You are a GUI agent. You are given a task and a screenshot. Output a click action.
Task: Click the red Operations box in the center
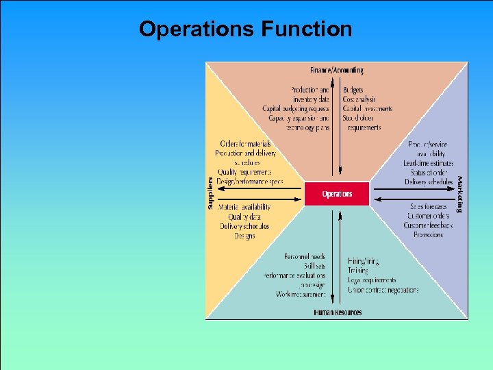pyautogui.click(x=337, y=194)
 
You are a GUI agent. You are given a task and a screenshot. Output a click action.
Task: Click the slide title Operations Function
pyautogui.click(x=245, y=29)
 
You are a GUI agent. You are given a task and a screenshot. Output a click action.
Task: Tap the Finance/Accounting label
pyautogui.click(x=337, y=70)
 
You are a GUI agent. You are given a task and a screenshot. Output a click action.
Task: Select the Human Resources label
pyautogui.click(x=338, y=312)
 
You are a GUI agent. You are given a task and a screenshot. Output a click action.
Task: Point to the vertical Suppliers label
pyautogui.click(x=210, y=194)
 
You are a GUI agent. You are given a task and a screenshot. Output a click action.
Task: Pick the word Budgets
pyautogui.click(x=353, y=90)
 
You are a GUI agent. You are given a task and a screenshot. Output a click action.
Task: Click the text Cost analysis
pyautogui.click(x=359, y=99)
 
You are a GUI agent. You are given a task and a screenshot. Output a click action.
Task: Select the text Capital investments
pyautogui.click(x=368, y=109)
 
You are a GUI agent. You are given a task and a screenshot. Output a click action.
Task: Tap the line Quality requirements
pyautogui.click(x=244, y=172)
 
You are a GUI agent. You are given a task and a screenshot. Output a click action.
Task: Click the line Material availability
pyautogui.click(x=244, y=207)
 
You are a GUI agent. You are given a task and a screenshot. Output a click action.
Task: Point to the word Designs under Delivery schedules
pyautogui.click(x=244, y=236)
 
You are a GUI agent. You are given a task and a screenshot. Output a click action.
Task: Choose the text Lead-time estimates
pyautogui.click(x=429, y=163)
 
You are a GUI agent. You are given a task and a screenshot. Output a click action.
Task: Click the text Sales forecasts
pyautogui.click(x=428, y=207)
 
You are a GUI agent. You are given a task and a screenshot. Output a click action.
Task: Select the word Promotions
pyautogui.click(x=428, y=234)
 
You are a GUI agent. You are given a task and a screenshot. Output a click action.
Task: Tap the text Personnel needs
pyautogui.click(x=305, y=256)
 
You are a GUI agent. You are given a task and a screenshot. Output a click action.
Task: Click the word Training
pyautogui.click(x=357, y=271)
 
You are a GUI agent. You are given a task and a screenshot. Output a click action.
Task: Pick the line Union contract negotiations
pyautogui.click(x=383, y=290)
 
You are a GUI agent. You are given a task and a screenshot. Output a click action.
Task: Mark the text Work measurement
pyautogui.click(x=301, y=295)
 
